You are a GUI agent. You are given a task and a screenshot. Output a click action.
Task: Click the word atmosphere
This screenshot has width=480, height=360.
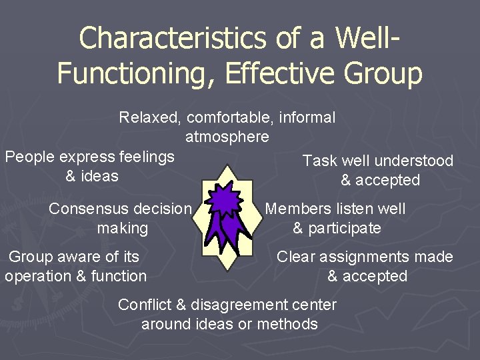pos(227,137)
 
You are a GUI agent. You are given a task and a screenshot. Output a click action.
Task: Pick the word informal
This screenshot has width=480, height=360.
pos(307,118)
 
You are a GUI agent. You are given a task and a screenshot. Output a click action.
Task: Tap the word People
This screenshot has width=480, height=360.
pos(29,157)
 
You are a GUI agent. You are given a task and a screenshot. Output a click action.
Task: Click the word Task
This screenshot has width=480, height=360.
pos(319,161)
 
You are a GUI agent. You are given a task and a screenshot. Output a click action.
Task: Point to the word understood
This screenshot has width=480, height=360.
pos(414,161)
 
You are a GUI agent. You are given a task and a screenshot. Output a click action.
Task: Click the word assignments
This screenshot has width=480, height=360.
pos(367,257)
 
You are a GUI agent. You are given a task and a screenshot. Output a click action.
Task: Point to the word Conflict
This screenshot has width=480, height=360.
pos(145,305)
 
